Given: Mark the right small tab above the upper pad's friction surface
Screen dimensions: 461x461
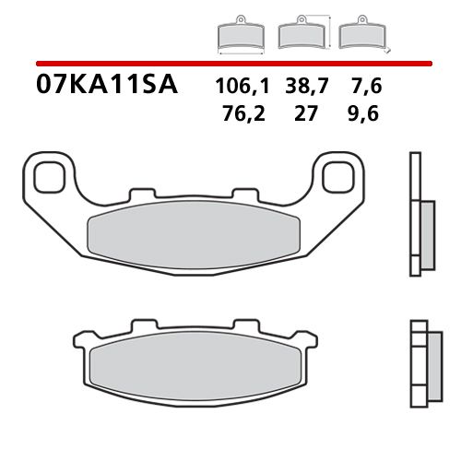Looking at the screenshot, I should pyautogui.click(x=245, y=195).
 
